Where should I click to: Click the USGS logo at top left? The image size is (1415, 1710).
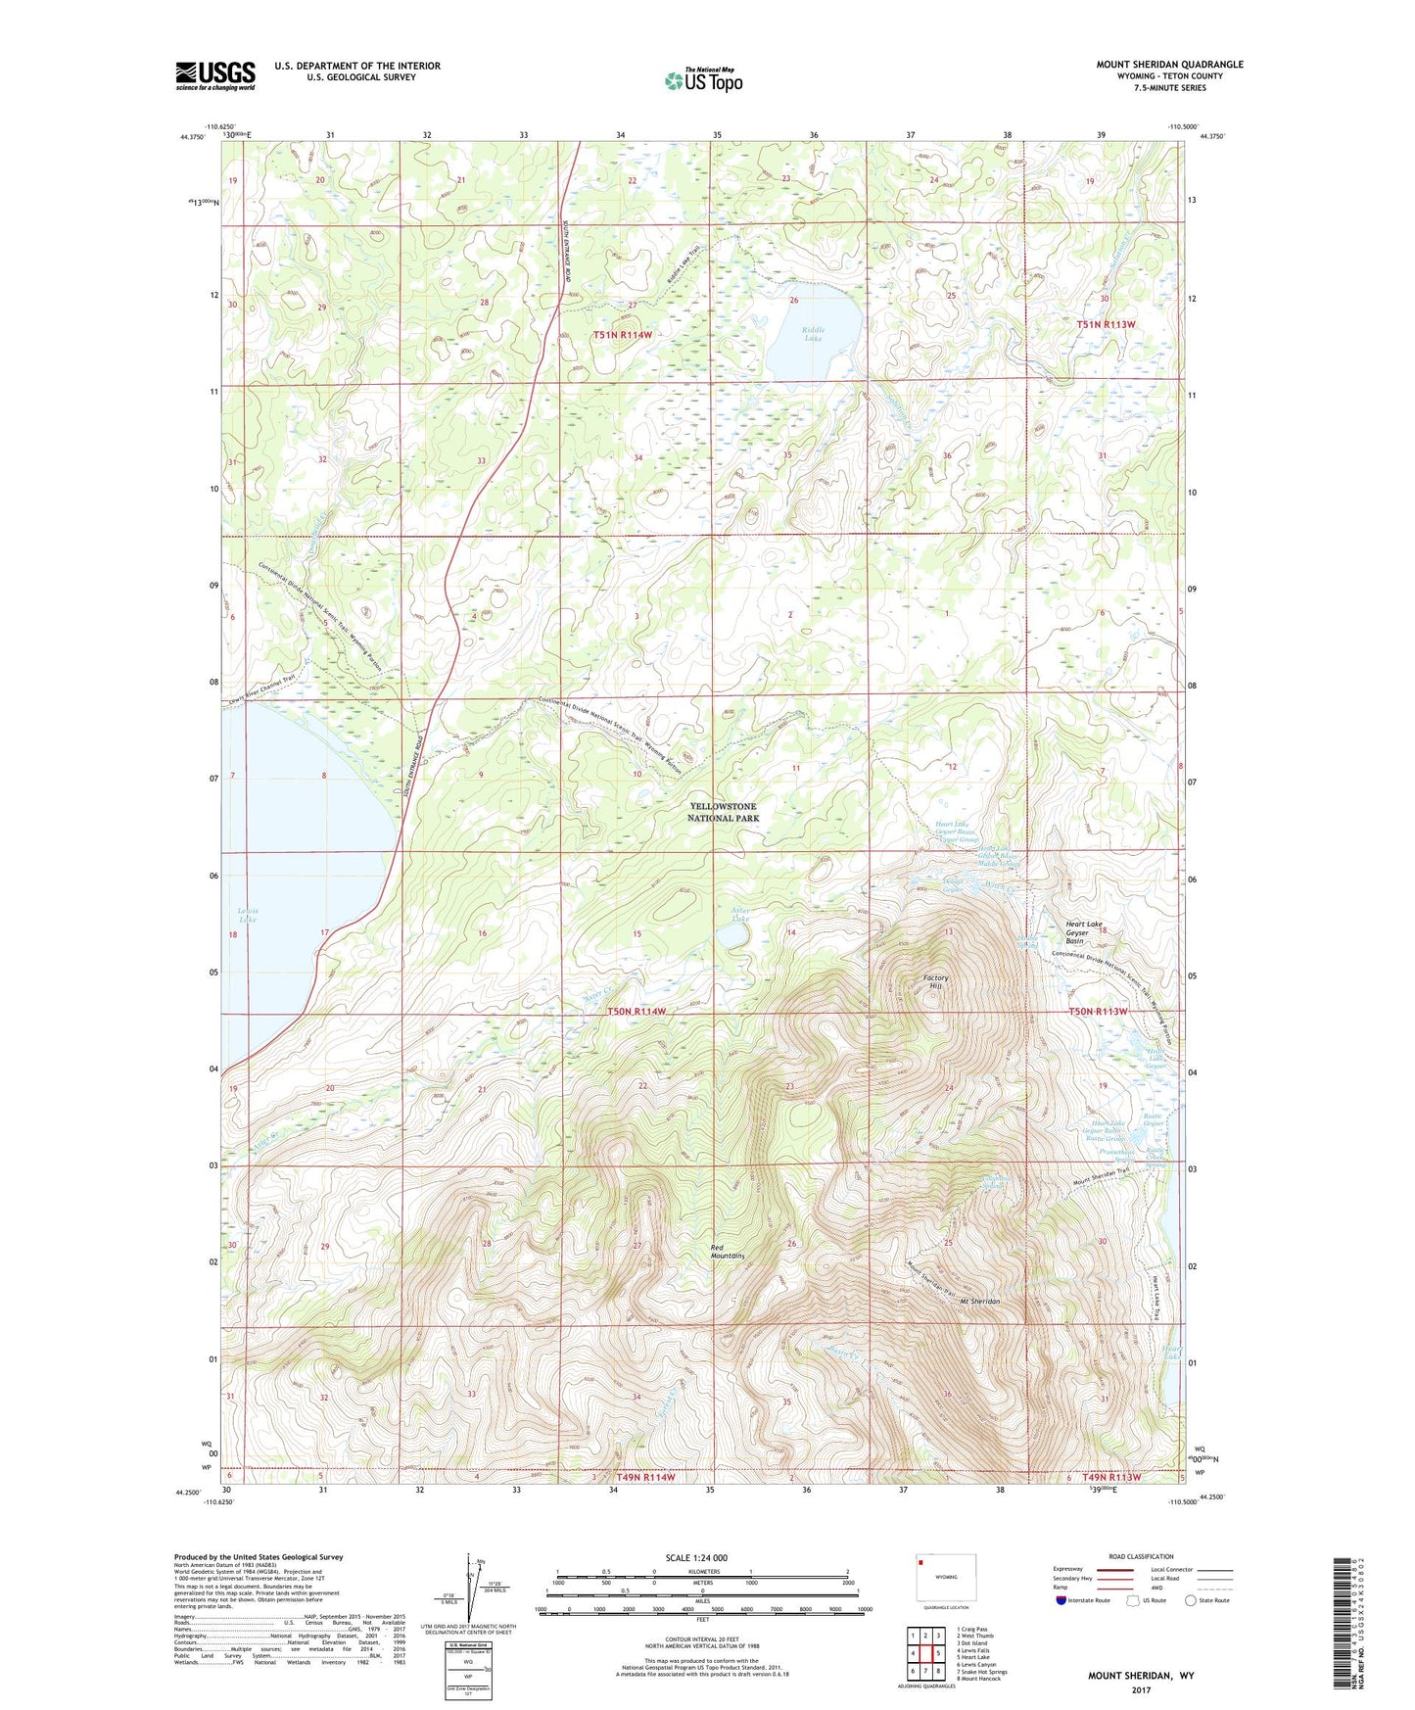point(215,75)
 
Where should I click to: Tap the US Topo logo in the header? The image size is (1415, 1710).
point(703,80)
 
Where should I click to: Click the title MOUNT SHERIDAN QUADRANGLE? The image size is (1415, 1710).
point(1169,65)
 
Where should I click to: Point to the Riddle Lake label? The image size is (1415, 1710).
point(813,333)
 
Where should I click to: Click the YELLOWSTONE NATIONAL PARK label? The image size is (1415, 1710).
point(723,812)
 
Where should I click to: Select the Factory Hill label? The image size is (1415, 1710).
point(935,982)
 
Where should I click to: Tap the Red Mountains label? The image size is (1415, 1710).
point(728,1251)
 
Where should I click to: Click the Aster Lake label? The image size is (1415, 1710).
point(740,915)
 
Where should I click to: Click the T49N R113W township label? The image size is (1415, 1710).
point(1112,1477)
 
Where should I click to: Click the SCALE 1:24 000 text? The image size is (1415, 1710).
point(696,1557)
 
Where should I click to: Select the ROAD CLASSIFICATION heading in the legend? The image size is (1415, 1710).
point(1142,1556)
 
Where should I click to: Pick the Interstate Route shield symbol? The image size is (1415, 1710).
point(1061,1600)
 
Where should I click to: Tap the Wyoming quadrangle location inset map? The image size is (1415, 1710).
point(945,1579)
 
